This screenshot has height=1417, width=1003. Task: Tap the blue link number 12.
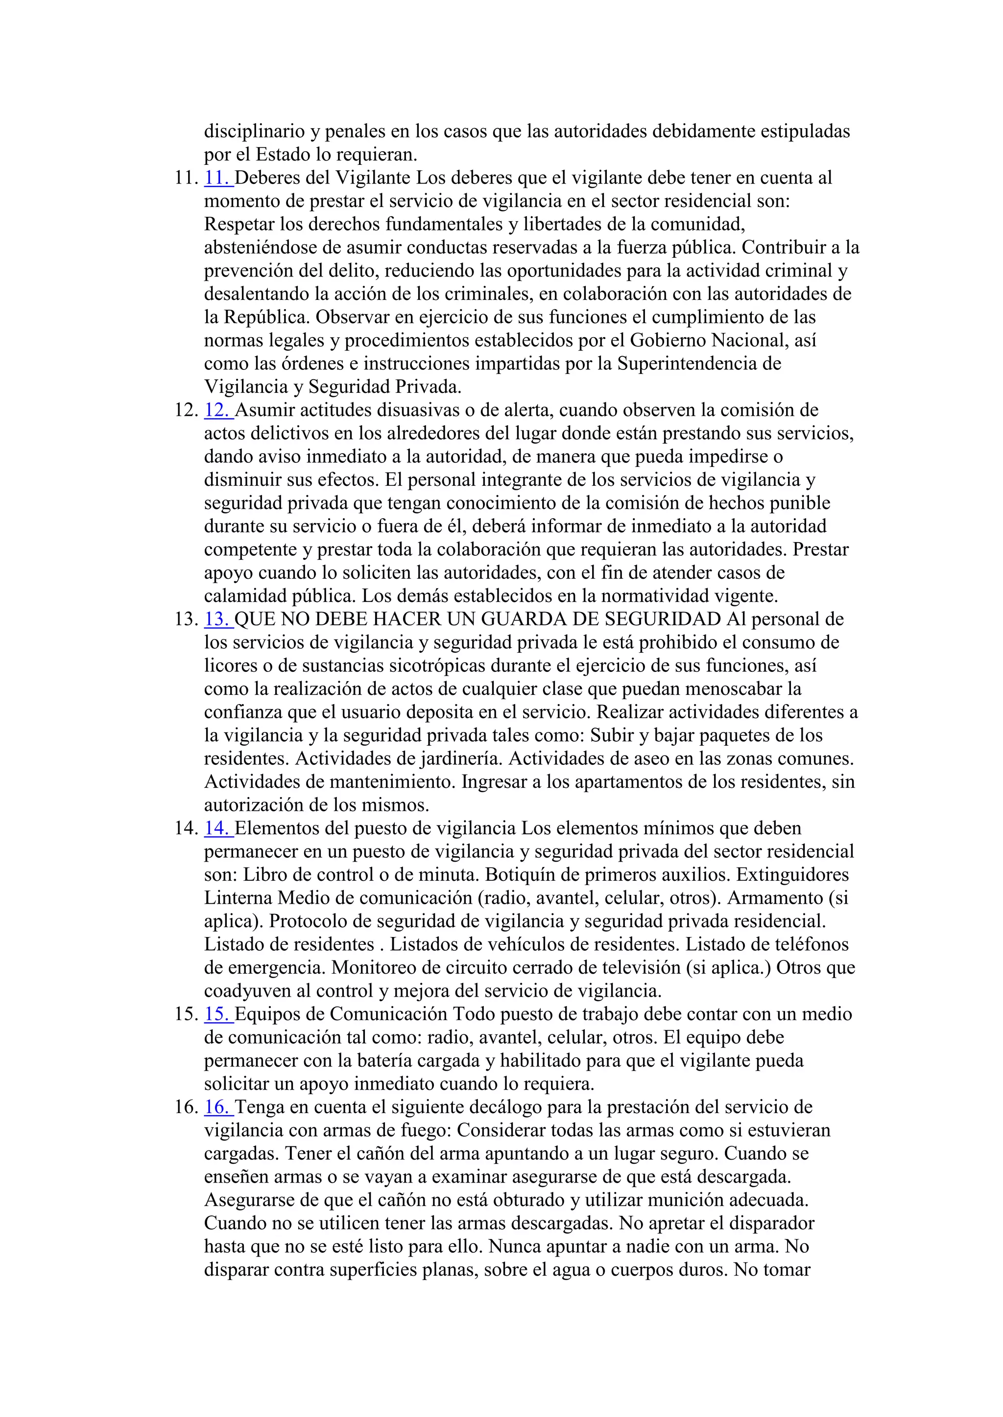(217, 411)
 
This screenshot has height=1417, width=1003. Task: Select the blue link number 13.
(217, 619)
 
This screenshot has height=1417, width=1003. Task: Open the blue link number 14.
(217, 828)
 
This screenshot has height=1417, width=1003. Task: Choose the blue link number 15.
(217, 1014)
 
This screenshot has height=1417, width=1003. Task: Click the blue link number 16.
(217, 1107)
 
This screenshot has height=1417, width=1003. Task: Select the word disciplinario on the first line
(253, 132)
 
